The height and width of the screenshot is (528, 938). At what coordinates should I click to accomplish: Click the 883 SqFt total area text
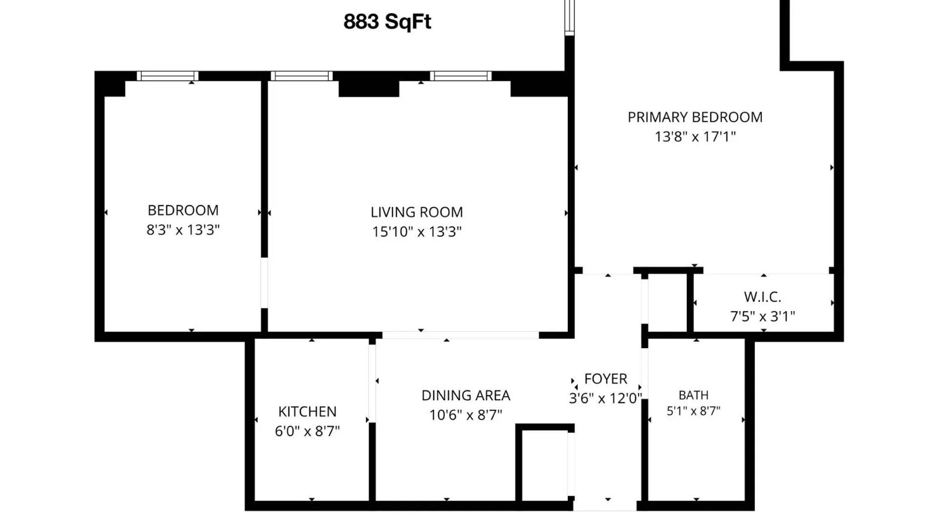(387, 22)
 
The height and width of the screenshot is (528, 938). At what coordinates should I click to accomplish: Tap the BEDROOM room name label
(183, 210)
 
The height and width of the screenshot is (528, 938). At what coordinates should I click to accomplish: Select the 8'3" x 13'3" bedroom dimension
(183, 230)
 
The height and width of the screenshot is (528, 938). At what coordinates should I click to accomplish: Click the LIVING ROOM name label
(417, 212)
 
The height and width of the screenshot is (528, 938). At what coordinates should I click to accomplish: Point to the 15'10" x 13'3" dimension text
(417, 232)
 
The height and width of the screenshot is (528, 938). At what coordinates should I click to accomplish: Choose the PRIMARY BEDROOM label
(695, 117)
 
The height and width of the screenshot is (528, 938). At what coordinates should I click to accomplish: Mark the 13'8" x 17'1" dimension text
(695, 137)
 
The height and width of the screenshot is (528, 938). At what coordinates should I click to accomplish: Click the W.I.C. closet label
(763, 297)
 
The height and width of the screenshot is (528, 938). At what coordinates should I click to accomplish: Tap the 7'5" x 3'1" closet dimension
(763, 317)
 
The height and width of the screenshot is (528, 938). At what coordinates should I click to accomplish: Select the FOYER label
(606, 379)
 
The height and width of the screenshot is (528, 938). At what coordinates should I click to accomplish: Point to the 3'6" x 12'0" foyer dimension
(605, 398)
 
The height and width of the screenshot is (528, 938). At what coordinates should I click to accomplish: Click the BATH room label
(694, 395)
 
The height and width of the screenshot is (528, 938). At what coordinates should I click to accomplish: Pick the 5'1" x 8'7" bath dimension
(694, 411)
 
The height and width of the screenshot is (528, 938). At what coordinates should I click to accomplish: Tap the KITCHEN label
(307, 412)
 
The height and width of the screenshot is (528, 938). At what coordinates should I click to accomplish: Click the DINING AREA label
(466, 396)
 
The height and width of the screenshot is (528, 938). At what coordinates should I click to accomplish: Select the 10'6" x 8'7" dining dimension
(466, 415)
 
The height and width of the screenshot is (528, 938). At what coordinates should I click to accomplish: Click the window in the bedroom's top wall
(168, 76)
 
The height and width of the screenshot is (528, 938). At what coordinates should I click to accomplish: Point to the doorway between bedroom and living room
(264, 283)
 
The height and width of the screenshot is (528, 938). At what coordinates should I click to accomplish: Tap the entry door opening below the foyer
(605, 506)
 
